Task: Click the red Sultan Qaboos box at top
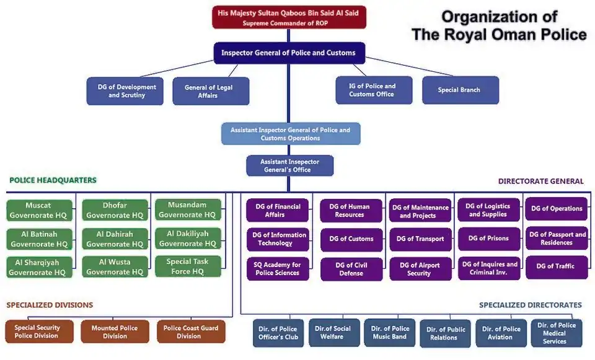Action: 289,17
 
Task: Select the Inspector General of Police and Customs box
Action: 288,53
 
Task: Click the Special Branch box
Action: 459,90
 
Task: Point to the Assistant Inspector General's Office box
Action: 289,165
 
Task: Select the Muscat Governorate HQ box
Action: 38,210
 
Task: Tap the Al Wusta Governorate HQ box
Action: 115,266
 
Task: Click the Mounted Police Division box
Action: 115,331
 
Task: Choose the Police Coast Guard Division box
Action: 190,331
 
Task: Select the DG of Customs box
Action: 351,239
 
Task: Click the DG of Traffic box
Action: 557,266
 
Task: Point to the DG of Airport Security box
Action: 420,269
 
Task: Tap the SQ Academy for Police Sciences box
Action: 277,268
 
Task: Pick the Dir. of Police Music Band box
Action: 390,332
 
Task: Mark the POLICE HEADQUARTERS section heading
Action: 53,180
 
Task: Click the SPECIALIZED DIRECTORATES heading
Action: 530,305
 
